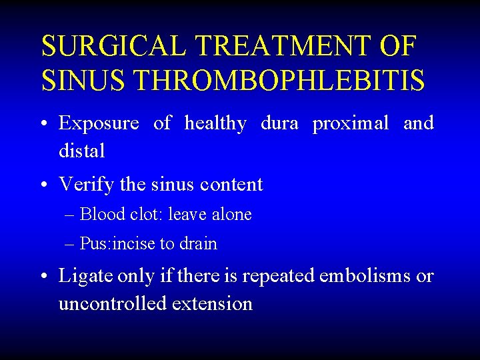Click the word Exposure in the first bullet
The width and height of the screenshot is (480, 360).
click(x=99, y=123)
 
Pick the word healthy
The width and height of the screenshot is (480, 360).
click(x=215, y=123)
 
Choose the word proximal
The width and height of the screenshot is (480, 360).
click(x=351, y=123)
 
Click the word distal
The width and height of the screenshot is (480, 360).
click(x=82, y=151)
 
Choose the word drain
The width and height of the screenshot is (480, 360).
click(x=197, y=244)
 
